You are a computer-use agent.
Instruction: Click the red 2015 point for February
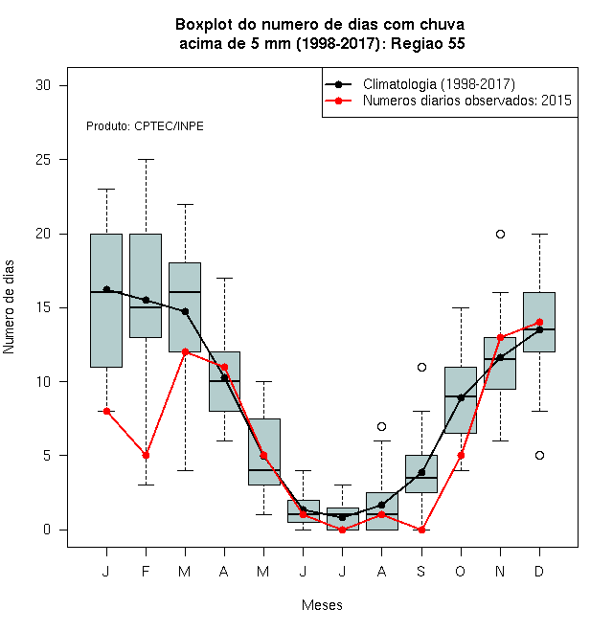pos(146,456)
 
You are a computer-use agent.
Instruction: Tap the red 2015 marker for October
pos(461,456)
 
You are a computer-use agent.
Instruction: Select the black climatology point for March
pos(185,311)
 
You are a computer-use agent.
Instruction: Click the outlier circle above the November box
pos(500,234)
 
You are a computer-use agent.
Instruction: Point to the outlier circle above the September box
pos(421,367)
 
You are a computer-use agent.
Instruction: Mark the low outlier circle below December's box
pos(539,456)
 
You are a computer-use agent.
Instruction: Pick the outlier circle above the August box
pos(381,426)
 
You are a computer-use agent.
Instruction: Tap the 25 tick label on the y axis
pos(43,160)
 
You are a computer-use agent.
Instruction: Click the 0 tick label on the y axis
pos(47,530)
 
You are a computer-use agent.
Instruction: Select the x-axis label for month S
pos(420,571)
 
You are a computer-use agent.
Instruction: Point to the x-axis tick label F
pos(146,571)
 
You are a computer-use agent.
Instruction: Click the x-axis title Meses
pos(322,605)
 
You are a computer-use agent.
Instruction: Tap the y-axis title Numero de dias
pos(9,307)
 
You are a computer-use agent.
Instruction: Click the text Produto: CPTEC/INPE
pos(145,126)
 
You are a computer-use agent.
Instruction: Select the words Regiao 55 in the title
pos(427,43)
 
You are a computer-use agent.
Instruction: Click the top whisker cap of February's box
pos(146,160)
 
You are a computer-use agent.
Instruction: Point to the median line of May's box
pos(263,470)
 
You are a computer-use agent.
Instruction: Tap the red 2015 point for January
pos(106,411)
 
